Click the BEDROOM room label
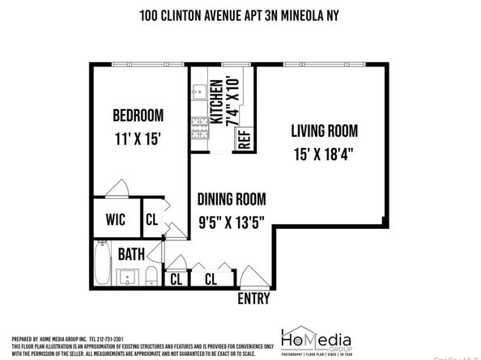pos(138,114)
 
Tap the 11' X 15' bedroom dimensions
pos(138,138)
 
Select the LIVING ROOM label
pos(324,129)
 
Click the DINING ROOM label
pos(233,197)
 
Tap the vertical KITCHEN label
pos(216,104)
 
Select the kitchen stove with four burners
pos(198,129)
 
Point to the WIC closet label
pos(114,218)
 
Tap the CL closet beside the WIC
pos(151,218)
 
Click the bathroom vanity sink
pos(128,280)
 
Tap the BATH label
pos(131,254)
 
